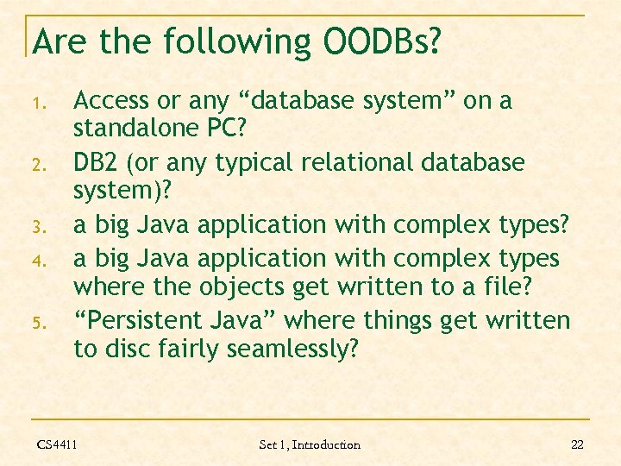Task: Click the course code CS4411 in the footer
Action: pos(57,444)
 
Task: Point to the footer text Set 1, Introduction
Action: pos(310,444)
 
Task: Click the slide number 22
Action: pos(577,444)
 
